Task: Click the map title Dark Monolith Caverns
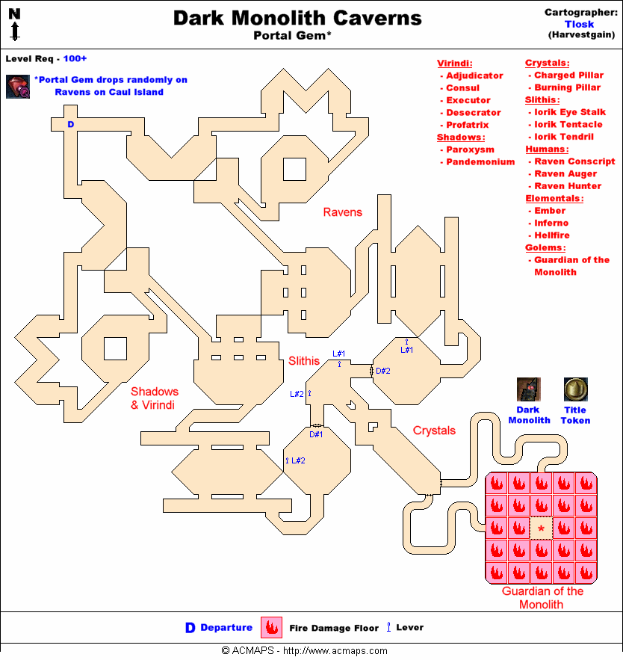(297, 18)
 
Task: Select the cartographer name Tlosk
(579, 24)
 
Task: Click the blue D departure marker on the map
(71, 124)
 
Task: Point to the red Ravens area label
(342, 212)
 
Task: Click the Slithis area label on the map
(305, 361)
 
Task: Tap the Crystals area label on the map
(434, 431)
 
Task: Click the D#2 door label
(383, 370)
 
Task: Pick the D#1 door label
(317, 434)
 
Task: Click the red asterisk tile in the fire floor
(541, 528)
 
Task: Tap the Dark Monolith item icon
(529, 389)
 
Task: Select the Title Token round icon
(574, 389)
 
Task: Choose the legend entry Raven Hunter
(567, 186)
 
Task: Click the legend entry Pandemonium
(480, 162)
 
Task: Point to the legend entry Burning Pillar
(567, 88)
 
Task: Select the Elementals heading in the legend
(554, 199)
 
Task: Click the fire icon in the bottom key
(270, 628)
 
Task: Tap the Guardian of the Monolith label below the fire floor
(542, 597)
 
